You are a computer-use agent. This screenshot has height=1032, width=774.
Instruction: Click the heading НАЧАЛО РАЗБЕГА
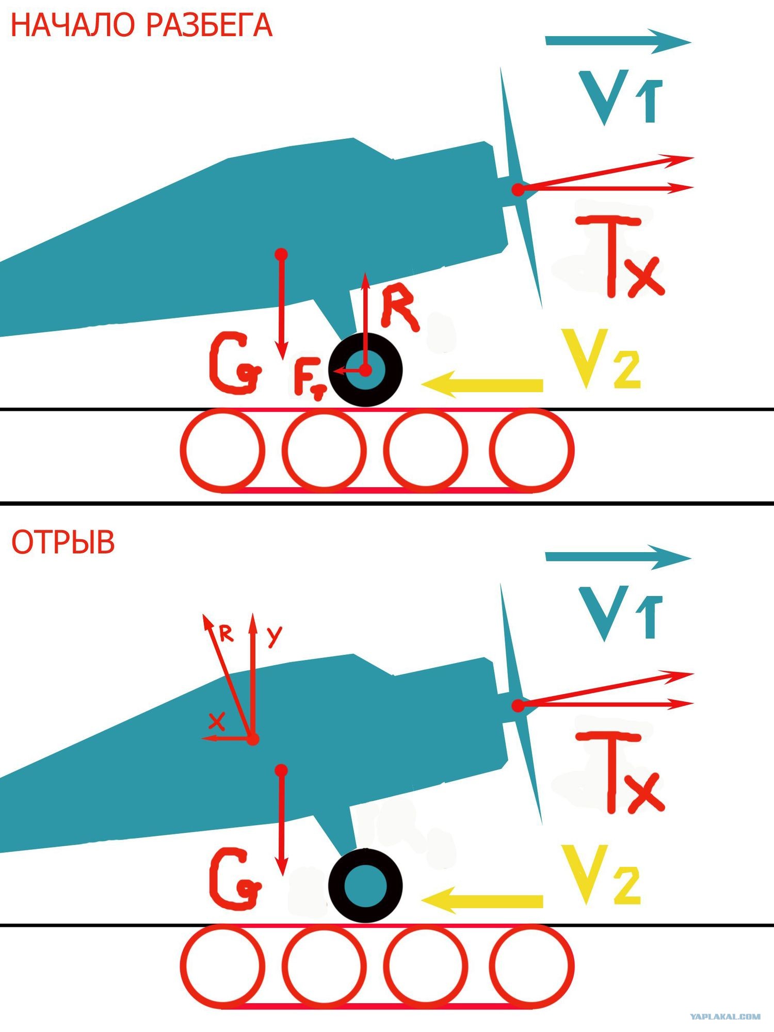click(x=141, y=26)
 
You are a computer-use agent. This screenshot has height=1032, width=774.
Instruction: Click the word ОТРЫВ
click(x=63, y=542)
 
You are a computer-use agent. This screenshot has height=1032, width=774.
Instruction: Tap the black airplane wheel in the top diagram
click(x=365, y=369)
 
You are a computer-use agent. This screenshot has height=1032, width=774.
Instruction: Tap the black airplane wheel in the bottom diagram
click(x=365, y=885)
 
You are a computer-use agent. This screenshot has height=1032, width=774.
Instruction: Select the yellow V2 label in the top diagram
click(x=601, y=359)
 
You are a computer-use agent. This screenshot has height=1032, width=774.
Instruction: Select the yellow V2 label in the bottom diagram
click(x=601, y=875)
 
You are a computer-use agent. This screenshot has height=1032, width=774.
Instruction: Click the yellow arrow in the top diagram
click(x=482, y=384)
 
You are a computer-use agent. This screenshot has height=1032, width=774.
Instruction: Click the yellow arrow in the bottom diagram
click(x=482, y=900)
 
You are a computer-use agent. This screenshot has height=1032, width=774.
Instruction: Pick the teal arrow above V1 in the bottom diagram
click(x=618, y=557)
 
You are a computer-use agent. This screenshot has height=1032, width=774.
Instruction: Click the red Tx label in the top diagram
click(x=620, y=256)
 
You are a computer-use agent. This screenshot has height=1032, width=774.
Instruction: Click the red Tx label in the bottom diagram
click(x=620, y=772)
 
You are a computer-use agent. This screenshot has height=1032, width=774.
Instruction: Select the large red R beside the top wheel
click(x=400, y=307)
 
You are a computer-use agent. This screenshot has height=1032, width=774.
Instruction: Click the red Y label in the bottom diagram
click(x=275, y=637)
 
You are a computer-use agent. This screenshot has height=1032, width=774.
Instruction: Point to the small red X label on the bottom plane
click(x=217, y=721)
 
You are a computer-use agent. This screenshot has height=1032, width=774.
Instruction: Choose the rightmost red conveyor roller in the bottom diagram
click(x=531, y=966)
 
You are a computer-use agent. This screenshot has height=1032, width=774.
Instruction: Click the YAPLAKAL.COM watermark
click(x=725, y=1017)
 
